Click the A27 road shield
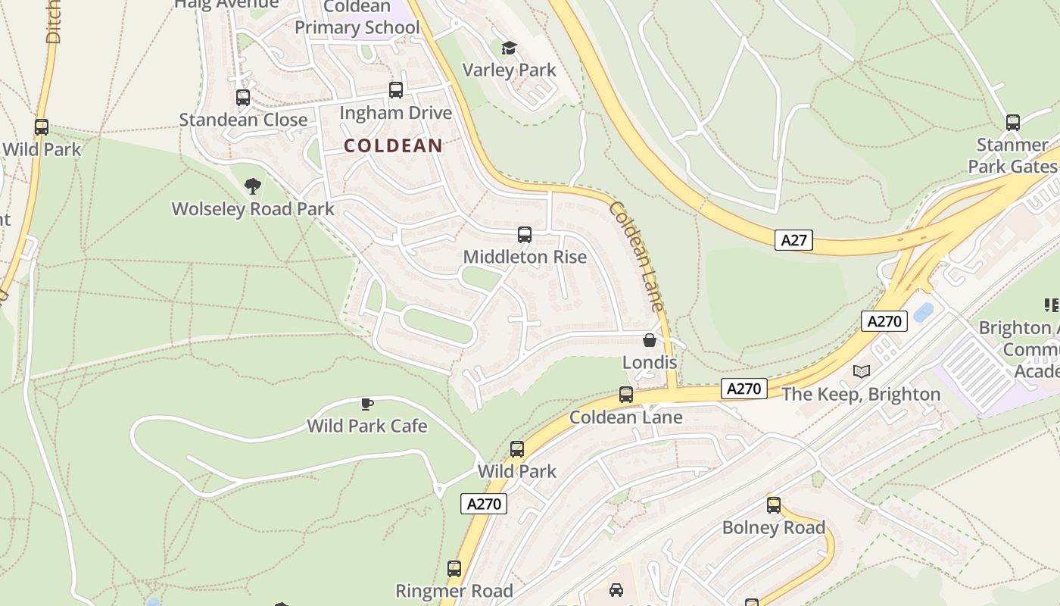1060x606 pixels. [x=793, y=240]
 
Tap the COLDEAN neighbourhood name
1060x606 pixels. [x=393, y=145]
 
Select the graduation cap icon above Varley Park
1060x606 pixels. [x=509, y=48]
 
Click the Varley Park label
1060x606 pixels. [x=509, y=70]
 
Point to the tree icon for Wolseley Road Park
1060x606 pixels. [x=253, y=186]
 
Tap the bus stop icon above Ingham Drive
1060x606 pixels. [x=395, y=90]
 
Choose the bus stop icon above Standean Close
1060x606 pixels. [x=243, y=98]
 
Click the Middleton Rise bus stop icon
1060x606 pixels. [x=525, y=235]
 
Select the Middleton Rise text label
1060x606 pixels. [x=525, y=257]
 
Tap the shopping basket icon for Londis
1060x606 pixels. [x=650, y=341]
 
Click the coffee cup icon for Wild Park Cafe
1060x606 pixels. [x=367, y=404]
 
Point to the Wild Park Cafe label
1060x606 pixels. [x=367, y=426]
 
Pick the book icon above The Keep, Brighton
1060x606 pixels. [x=861, y=371]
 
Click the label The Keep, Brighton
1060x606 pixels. [x=861, y=394]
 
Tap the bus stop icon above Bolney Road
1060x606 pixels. [x=773, y=505]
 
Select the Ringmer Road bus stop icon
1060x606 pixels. [x=454, y=568]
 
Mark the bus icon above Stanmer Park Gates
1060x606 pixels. [x=1012, y=122]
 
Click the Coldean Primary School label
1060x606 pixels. [x=357, y=17]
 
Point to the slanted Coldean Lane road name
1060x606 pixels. [x=637, y=256]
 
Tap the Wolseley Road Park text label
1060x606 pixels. [x=253, y=208]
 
